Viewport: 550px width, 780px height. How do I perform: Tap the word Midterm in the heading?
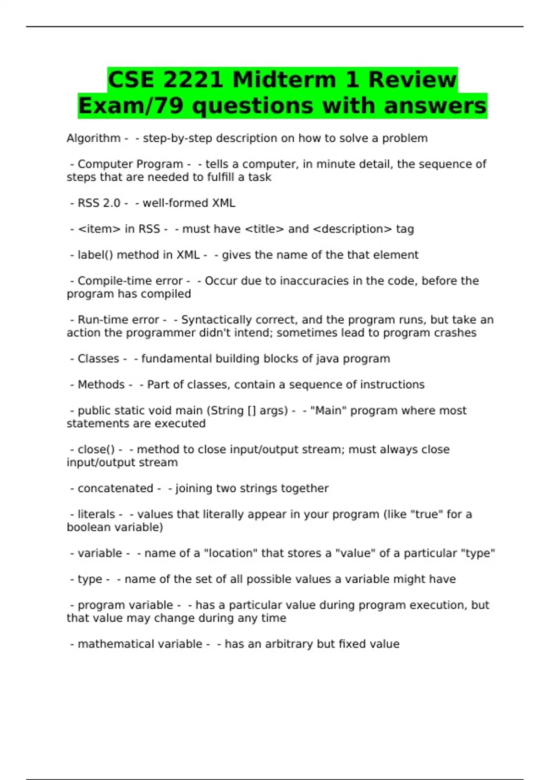coord(284,80)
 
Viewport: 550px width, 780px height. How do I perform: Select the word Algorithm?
coord(93,138)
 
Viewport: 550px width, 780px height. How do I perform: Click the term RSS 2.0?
coord(99,203)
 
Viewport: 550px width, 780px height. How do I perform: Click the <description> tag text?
coord(352,229)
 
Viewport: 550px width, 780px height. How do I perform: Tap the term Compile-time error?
coord(130,281)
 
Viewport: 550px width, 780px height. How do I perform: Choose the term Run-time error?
coord(118,320)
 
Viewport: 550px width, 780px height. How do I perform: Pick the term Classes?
coord(98,359)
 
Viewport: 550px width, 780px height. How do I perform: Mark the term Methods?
coord(101,384)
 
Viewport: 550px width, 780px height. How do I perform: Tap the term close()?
coord(96,450)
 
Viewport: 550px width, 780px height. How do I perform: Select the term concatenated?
coord(115,488)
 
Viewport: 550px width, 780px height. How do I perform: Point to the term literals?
coord(96,514)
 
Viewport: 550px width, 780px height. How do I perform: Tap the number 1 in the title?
coord(352,80)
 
